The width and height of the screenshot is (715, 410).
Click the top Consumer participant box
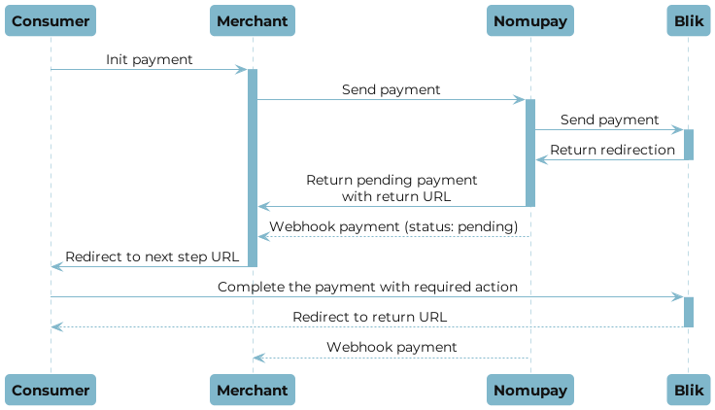coord(51,20)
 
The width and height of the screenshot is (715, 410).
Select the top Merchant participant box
coord(252,20)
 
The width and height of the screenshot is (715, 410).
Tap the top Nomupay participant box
coord(530,20)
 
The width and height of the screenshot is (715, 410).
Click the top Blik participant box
coord(688,20)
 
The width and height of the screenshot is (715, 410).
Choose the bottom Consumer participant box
coord(51,390)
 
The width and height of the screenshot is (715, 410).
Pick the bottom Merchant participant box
coord(252,390)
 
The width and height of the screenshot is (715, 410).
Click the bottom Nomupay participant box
coord(530,390)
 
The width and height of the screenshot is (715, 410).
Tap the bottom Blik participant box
coord(688,390)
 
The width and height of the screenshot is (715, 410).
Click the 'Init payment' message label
coord(150,60)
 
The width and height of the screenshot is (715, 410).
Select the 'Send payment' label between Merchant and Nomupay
coord(391,89)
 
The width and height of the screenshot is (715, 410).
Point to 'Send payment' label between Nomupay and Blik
coord(609,120)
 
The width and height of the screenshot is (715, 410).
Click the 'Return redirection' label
coord(612,150)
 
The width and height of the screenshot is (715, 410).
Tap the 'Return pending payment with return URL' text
coord(392,188)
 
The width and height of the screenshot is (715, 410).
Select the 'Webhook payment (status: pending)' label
coord(392,226)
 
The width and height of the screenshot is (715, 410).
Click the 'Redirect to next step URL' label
coord(151,256)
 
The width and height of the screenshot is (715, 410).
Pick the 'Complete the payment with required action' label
coord(367,287)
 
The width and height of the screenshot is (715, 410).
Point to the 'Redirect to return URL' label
coord(369,317)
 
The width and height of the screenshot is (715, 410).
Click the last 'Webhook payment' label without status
coord(392,347)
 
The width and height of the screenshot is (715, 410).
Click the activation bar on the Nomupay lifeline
coord(530,152)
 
